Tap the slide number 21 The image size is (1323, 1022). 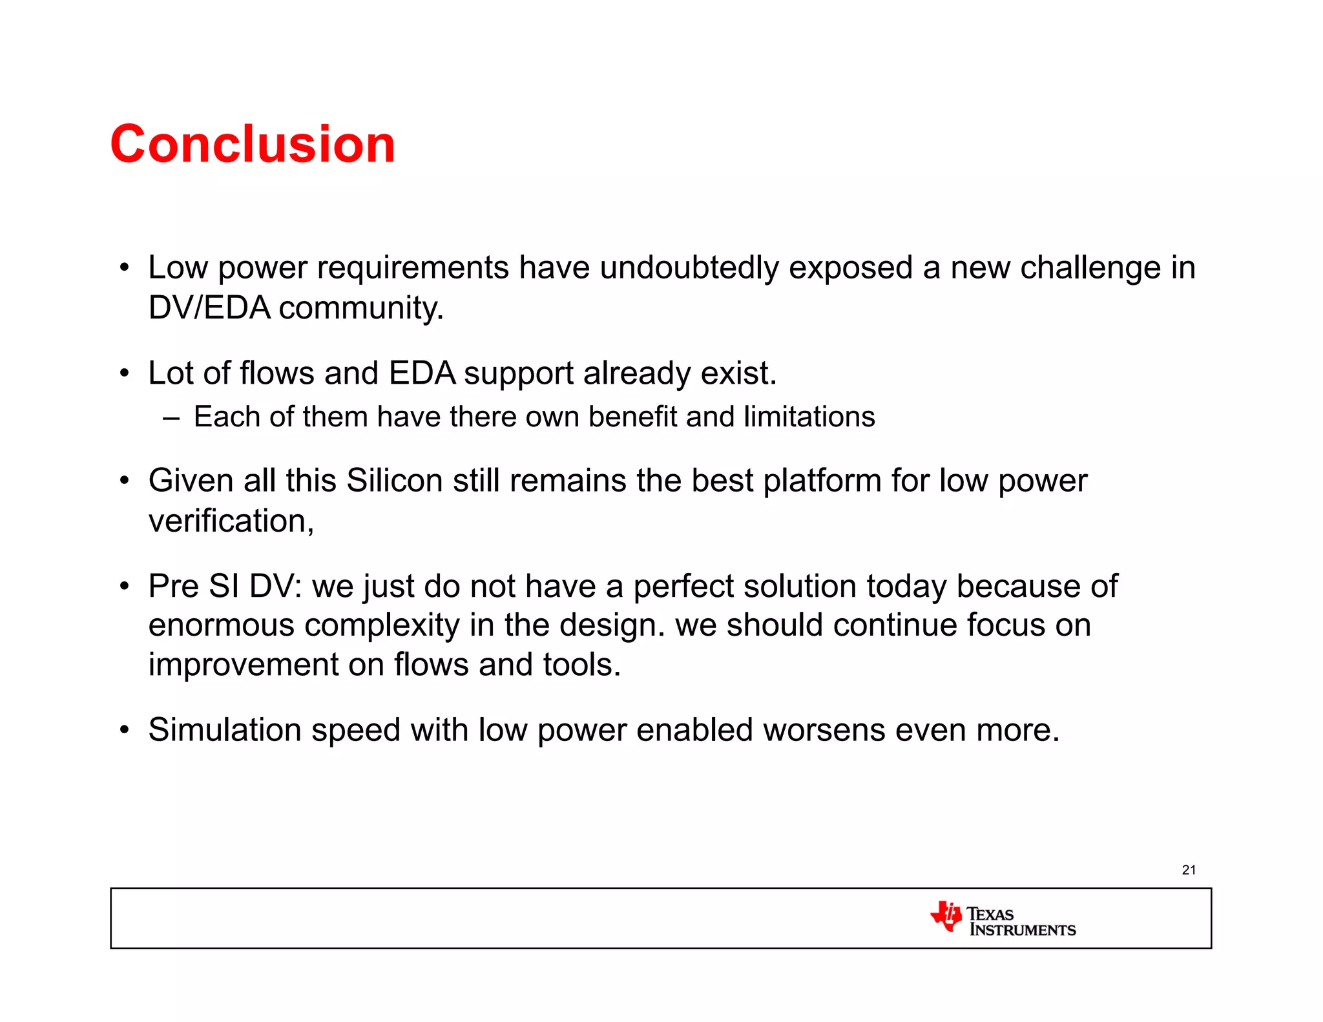click(x=1189, y=870)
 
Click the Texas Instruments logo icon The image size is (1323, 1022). click(x=946, y=916)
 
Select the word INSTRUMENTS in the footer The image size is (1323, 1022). click(x=1023, y=930)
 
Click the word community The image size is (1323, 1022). click(x=361, y=309)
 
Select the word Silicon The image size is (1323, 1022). click(x=395, y=481)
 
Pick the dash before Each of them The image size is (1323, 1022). click(x=171, y=418)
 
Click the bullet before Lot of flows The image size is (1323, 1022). click(x=125, y=374)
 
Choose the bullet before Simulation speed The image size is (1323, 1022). click(x=125, y=731)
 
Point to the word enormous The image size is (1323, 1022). click(x=221, y=626)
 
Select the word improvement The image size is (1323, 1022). click(x=243, y=665)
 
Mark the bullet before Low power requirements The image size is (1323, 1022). click(x=125, y=268)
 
